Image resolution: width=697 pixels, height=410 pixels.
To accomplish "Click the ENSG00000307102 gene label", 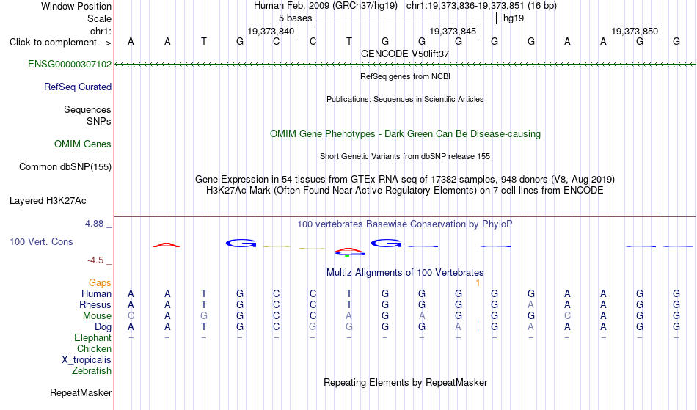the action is (x=70, y=64).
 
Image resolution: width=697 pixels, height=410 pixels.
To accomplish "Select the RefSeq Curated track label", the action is (x=78, y=87).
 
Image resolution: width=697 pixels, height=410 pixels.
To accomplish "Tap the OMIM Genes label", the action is (x=83, y=144).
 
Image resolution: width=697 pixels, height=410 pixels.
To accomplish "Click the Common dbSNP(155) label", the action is (x=65, y=166).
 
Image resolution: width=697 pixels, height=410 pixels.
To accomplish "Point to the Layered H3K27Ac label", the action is (x=48, y=200).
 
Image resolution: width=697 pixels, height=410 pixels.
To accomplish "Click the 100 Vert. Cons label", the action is (x=41, y=241).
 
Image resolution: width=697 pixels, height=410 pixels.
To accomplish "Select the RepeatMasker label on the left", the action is (x=81, y=392).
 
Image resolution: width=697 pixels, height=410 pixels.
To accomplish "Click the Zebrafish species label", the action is (x=92, y=370).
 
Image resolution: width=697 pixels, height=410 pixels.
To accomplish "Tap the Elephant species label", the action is (x=93, y=337).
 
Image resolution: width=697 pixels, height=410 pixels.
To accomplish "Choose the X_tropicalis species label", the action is (x=87, y=360).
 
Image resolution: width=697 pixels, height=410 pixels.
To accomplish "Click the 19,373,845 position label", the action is (x=453, y=31).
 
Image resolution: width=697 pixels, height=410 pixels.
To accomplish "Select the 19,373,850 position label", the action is (x=635, y=31).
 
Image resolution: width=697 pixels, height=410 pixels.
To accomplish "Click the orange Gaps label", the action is (x=100, y=282).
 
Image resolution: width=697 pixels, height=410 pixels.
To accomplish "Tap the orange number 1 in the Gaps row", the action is (x=478, y=283).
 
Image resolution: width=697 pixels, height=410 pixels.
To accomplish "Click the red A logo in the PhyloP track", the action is (x=167, y=244).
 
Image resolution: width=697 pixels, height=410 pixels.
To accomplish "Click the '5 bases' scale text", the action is (x=296, y=18).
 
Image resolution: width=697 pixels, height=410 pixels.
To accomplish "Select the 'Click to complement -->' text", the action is (x=60, y=43).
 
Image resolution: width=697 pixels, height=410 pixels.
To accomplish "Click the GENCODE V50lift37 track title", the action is (x=405, y=54).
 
